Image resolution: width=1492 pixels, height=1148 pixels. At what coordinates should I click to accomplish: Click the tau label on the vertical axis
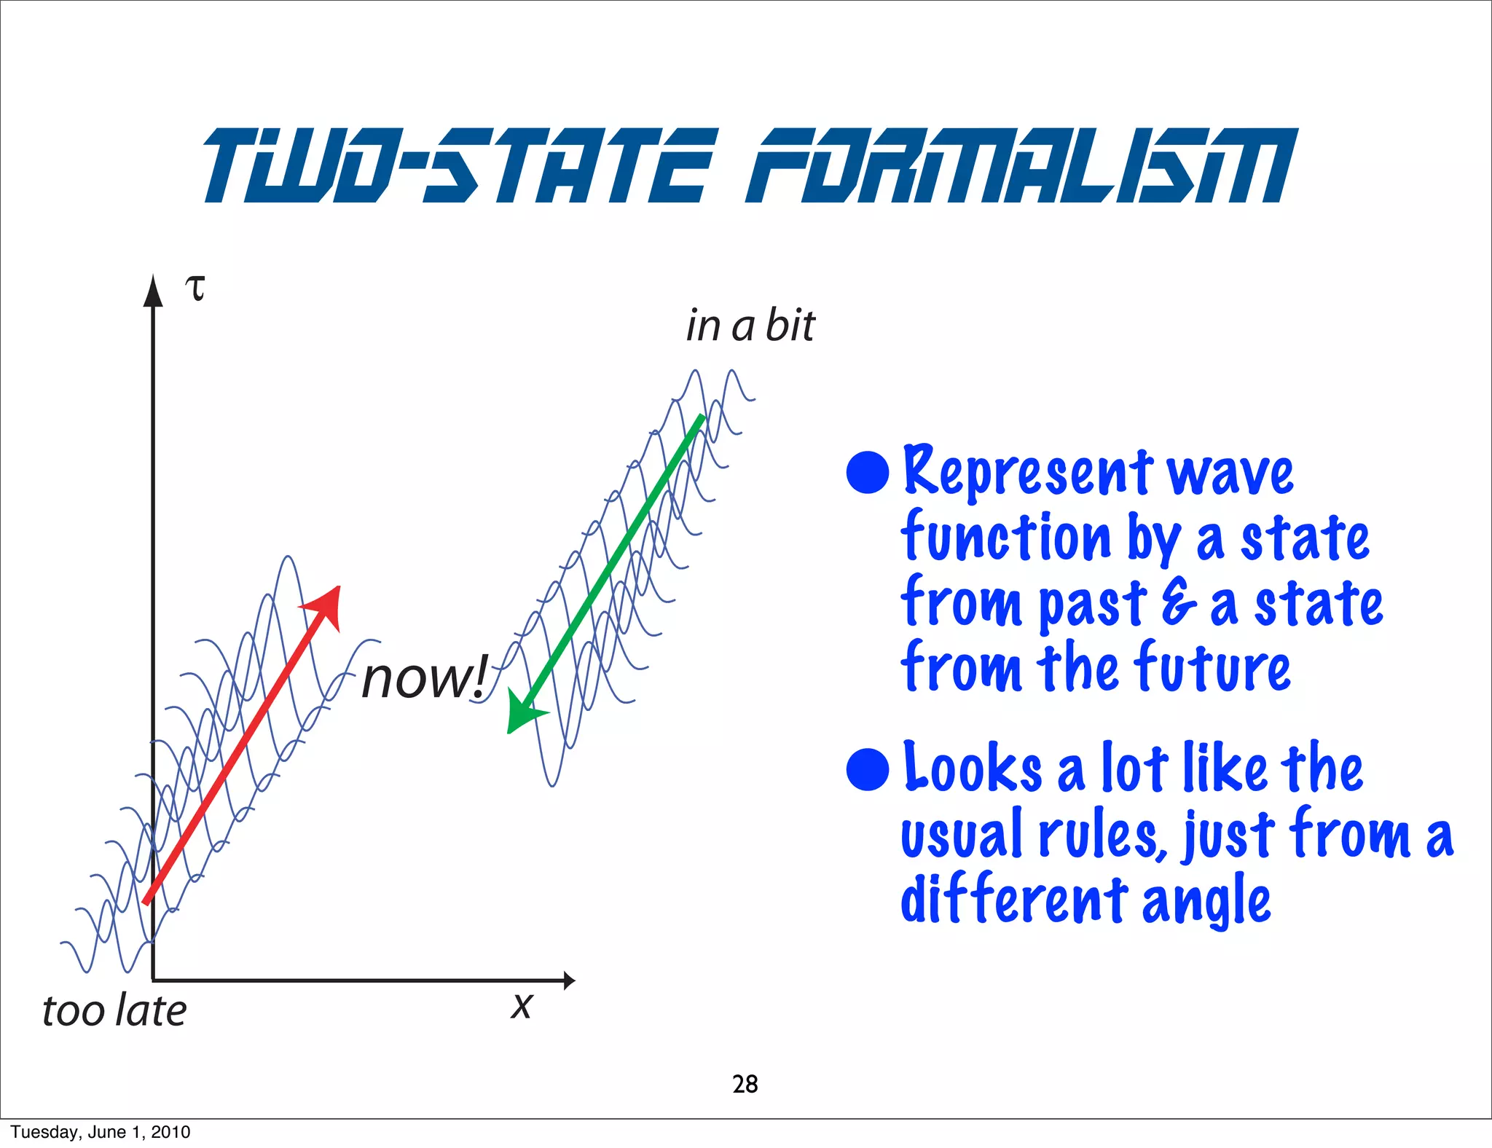pos(195,288)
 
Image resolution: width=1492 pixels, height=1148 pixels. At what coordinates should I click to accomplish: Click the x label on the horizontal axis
pos(522,1006)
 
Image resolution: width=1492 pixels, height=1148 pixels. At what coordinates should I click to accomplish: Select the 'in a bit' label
pos(750,325)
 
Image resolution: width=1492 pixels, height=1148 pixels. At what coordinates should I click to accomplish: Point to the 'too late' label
pos(114,1011)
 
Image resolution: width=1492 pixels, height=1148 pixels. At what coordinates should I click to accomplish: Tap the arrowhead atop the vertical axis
pos(153,291)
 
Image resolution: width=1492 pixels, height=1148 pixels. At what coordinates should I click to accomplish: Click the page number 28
pos(745,1084)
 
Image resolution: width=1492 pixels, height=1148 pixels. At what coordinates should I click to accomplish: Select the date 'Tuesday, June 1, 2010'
pos(101,1132)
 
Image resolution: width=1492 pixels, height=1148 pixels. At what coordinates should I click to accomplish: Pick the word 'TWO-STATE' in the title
pos(459,165)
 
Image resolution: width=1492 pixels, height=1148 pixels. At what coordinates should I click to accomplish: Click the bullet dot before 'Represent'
pos(868,472)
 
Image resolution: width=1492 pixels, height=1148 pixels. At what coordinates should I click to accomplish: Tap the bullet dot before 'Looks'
pos(868,769)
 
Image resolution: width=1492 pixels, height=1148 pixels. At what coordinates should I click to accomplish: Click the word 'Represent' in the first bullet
pos(1027,472)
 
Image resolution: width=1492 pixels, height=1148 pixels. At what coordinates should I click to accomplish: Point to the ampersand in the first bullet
pos(1179,603)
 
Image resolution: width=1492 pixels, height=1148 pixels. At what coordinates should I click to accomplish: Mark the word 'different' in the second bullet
pos(1014,900)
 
